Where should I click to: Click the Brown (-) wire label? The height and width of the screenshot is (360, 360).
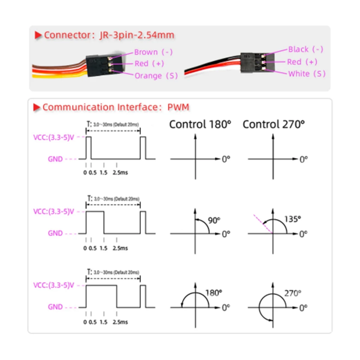point(153,52)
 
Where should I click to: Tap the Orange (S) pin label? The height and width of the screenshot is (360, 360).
point(156,76)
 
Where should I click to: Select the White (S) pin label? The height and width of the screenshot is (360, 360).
point(307,73)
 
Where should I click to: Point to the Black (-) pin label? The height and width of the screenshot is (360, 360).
point(305,49)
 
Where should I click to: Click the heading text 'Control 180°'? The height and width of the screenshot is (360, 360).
point(200,124)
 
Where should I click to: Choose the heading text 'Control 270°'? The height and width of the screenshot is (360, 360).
point(274,124)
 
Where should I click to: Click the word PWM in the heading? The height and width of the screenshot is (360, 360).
point(178,107)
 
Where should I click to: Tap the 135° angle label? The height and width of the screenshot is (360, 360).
point(292,219)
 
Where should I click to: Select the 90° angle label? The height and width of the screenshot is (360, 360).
point(214,220)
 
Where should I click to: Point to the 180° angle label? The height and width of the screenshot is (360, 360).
point(214,293)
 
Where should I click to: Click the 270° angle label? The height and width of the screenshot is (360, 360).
point(292,293)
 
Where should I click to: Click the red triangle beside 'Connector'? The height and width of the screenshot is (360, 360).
point(38,35)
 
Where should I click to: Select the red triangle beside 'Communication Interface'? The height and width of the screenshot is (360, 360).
point(37,107)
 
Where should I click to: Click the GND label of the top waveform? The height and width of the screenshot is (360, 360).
point(55,159)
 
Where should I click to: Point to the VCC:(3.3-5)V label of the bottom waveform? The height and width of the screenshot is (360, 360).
point(53,285)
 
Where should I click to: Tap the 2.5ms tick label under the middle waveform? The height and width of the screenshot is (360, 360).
point(120,248)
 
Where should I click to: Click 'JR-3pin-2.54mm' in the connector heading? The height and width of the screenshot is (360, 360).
point(137,35)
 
